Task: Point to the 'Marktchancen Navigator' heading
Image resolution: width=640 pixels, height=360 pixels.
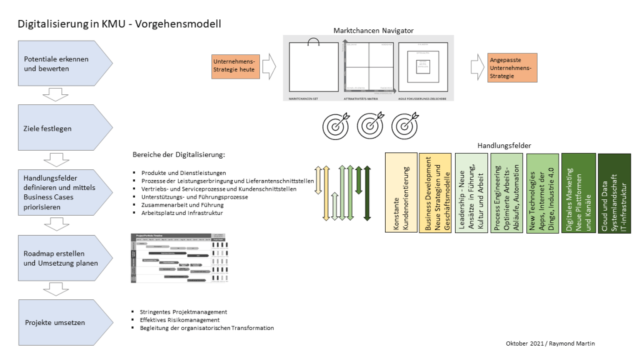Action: [x=374, y=30]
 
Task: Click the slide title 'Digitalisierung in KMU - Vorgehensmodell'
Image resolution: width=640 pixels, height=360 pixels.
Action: [x=119, y=24]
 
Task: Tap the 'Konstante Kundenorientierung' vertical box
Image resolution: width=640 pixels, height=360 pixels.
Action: [x=401, y=192]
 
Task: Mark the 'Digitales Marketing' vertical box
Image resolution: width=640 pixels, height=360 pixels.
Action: [x=579, y=192]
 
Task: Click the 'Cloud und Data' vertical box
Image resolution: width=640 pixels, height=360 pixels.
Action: [x=614, y=192]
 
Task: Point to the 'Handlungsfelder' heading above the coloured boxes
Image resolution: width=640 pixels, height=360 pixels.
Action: [x=503, y=146]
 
